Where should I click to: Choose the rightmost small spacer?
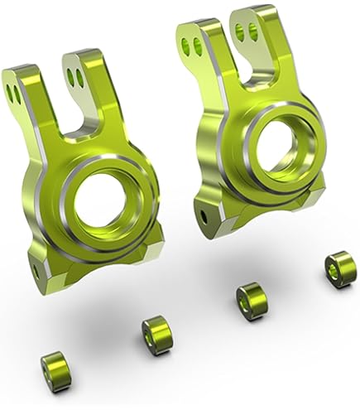[x=339, y=269]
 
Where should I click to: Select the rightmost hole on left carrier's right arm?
[x=80, y=77]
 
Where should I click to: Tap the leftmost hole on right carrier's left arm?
[x=186, y=46]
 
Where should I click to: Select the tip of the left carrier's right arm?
[x=84, y=55]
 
